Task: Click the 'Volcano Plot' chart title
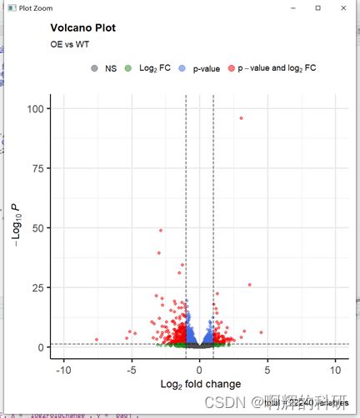click(x=82, y=27)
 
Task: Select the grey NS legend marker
click(x=95, y=68)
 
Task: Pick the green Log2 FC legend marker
click(x=127, y=68)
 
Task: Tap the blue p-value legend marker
click(x=182, y=68)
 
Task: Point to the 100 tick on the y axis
click(x=37, y=109)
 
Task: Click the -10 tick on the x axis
click(x=62, y=369)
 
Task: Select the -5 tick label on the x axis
click(x=130, y=369)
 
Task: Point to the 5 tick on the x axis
click(x=267, y=369)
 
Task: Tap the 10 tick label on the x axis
click(x=336, y=369)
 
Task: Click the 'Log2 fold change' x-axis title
click(x=199, y=384)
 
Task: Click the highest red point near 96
click(x=241, y=118)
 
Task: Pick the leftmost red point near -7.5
click(x=97, y=340)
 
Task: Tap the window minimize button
click(x=294, y=7)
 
